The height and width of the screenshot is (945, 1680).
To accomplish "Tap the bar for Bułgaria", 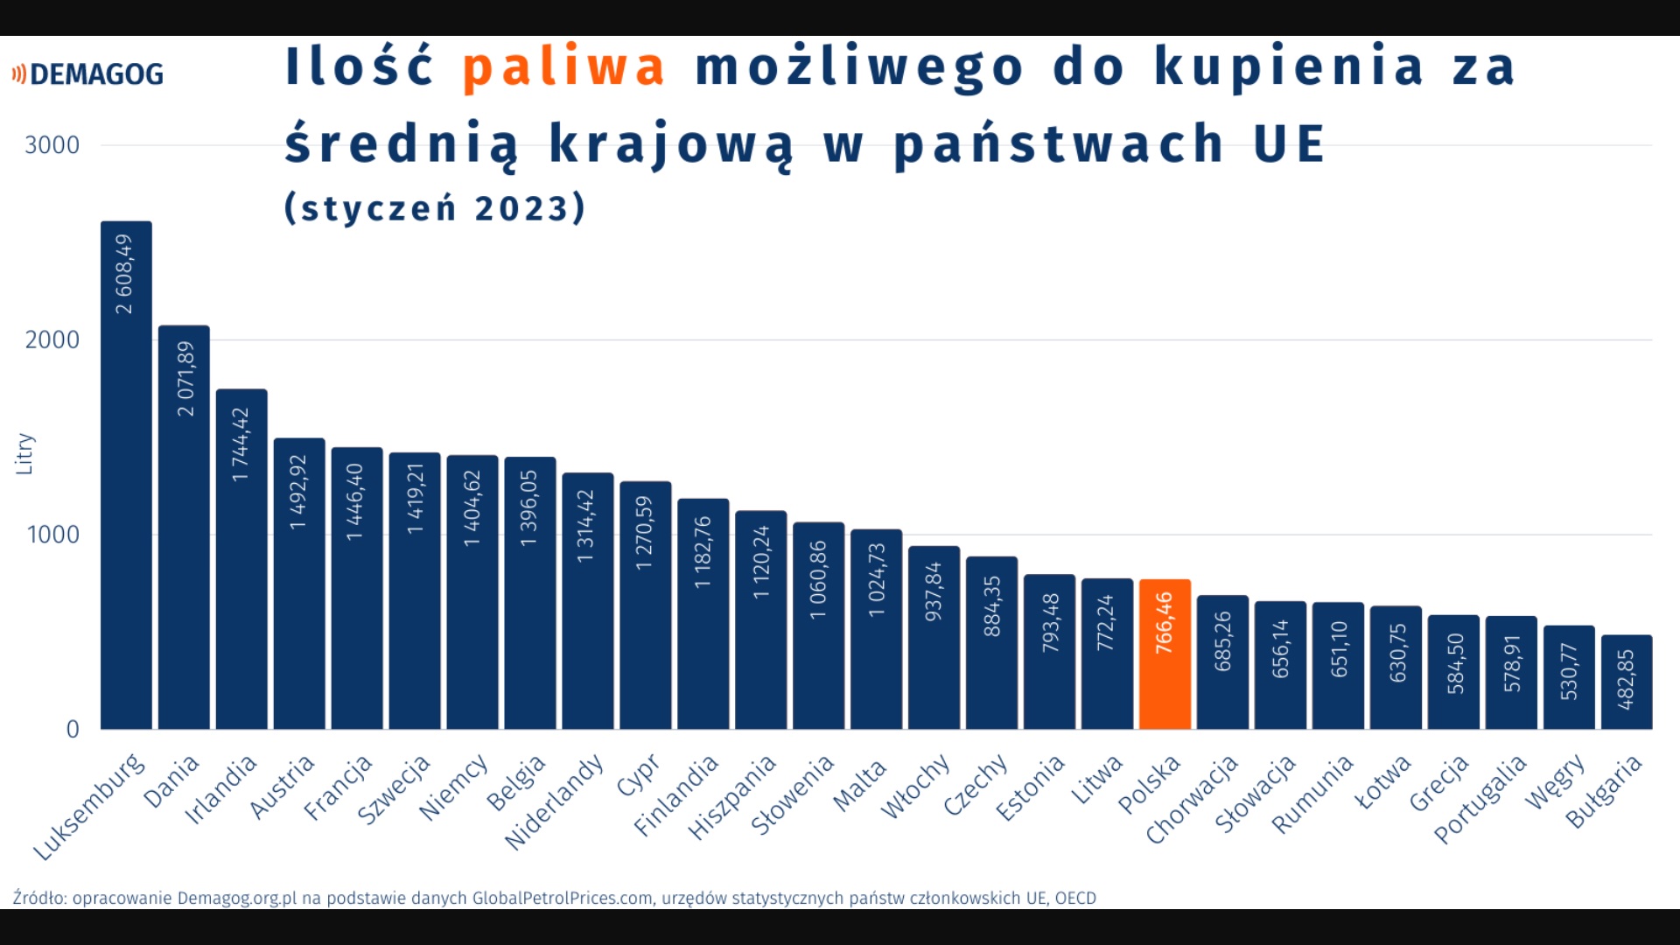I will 1627,682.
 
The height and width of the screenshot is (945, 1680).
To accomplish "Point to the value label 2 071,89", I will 185,379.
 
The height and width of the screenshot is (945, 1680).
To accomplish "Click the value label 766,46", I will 1164,623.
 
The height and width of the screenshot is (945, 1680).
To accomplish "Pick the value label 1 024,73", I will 877,580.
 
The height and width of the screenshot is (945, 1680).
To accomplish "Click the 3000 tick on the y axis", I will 52,145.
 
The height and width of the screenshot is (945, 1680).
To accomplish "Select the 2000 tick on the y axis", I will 52,339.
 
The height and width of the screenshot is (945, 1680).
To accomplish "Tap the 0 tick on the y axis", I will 73,729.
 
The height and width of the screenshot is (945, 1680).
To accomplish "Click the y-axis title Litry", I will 24,454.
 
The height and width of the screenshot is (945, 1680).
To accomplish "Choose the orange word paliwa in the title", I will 564,67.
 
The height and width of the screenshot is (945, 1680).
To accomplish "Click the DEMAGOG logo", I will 87,74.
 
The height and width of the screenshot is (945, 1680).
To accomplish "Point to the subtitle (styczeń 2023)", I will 435,208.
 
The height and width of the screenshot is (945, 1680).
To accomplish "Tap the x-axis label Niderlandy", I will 555,802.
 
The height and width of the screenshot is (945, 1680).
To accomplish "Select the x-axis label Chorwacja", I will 1192,799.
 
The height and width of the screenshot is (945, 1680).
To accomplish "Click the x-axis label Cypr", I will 638,775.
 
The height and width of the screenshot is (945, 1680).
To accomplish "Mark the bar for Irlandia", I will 241,559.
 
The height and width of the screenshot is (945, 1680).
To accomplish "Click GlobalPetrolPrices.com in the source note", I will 563,898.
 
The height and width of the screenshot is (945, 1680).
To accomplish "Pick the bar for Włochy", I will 934,638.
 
